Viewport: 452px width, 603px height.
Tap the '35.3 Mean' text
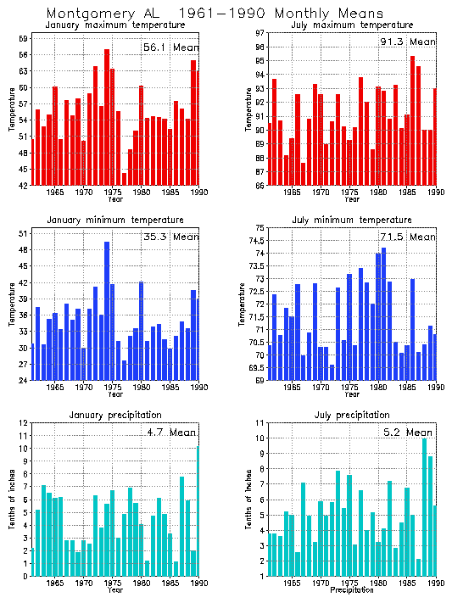point(170,238)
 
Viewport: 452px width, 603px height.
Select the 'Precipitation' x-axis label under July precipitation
point(351,590)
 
